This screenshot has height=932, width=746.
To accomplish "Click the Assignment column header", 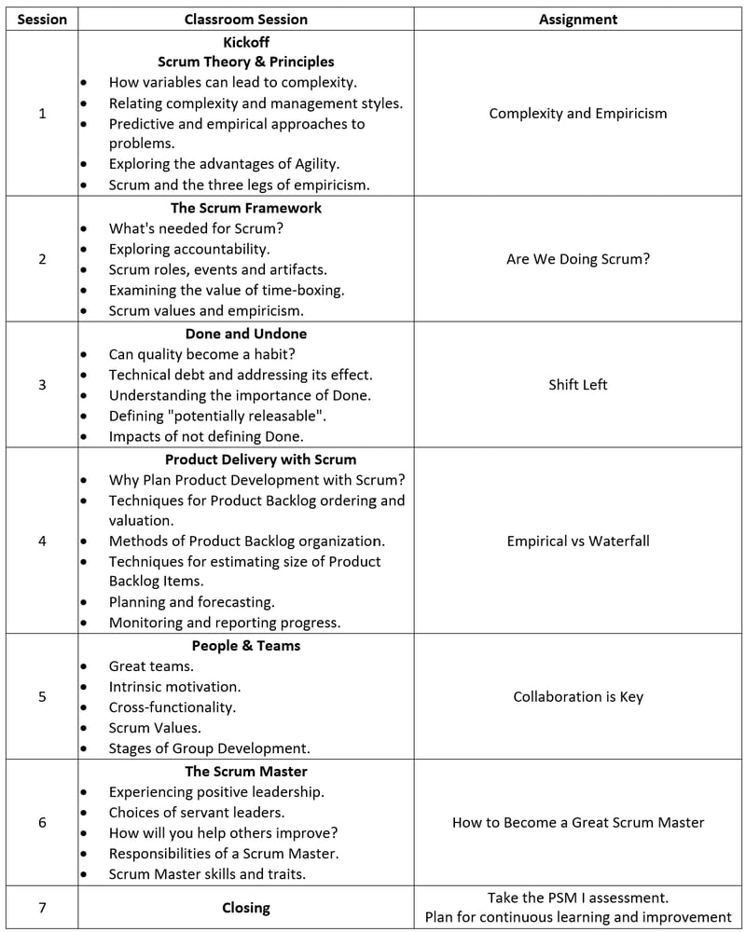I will click(578, 19).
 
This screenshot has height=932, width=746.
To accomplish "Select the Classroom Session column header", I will click(245, 19).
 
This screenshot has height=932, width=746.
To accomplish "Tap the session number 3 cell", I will click(42, 384).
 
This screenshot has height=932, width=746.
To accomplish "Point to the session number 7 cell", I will click(42, 907).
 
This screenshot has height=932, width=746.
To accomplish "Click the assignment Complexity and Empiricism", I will click(578, 114).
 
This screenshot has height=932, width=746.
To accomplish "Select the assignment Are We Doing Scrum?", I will click(578, 258).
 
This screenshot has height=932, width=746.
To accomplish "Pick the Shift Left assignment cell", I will click(578, 384).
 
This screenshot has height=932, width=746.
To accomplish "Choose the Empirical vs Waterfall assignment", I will click(578, 541).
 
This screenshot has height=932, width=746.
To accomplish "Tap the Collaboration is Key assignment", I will click(578, 696).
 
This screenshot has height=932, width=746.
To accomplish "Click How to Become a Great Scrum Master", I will click(578, 822).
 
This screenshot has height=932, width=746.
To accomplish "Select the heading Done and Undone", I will click(245, 334).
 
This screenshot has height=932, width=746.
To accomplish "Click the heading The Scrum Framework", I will click(245, 208).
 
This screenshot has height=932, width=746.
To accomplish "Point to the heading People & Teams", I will click(245, 645).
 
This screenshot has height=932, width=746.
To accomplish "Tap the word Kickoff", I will click(245, 41).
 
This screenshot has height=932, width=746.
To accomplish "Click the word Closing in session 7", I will click(245, 907).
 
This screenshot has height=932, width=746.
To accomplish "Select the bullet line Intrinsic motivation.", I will click(174, 686).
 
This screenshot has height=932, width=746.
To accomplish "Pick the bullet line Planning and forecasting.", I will click(191, 602).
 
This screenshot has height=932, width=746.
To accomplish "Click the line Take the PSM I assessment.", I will click(578, 898).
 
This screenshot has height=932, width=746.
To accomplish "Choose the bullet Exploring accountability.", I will click(189, 249).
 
